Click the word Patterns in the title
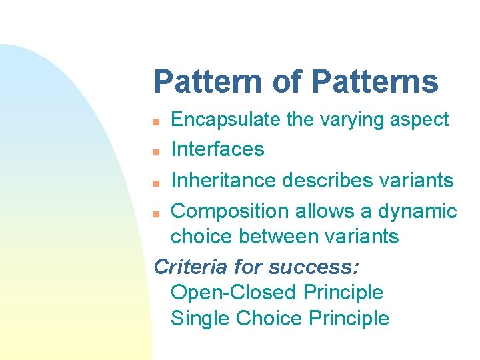[x=375, y=82]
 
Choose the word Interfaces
[x=217, y=149]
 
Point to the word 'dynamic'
[x=417, y=212]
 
